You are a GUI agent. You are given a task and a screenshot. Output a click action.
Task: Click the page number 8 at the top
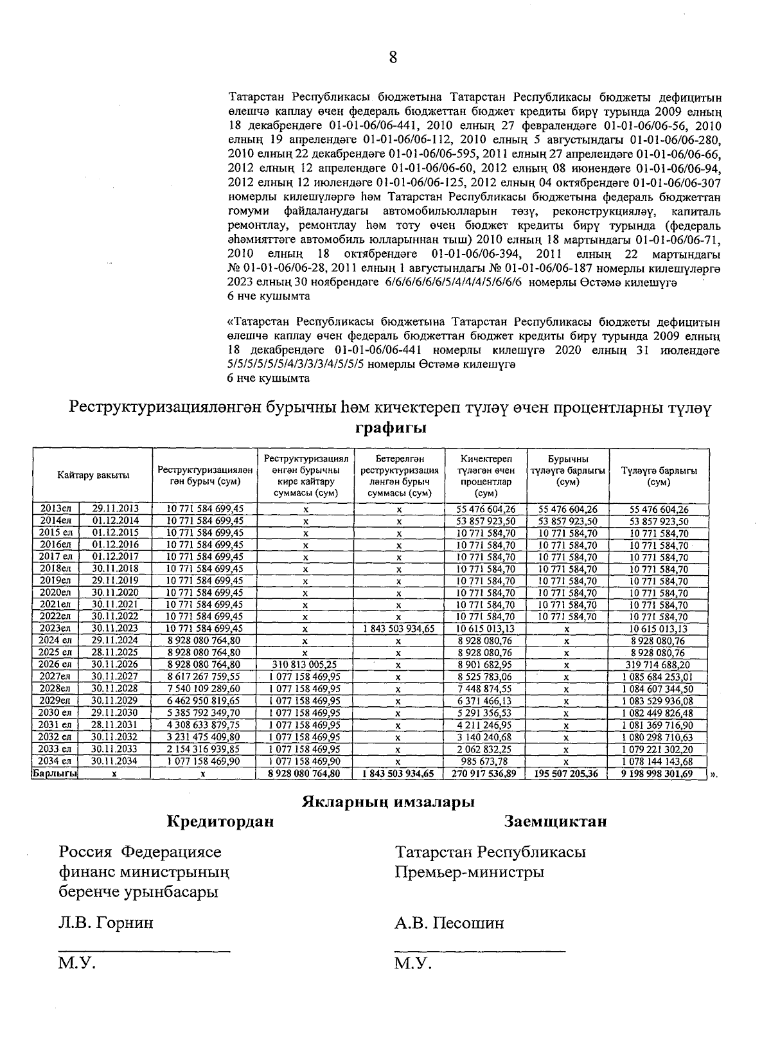pos(393,58)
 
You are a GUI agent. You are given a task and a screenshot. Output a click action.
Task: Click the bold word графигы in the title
pos(392,428)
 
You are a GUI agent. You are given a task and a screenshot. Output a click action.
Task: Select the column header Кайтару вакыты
pos(93,475)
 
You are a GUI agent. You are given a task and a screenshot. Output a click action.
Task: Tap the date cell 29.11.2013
pos(116,508)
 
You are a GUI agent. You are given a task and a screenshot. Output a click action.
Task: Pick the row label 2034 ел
pos(55,762)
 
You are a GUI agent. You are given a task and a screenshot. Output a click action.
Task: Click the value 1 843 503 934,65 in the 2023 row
pos(398,628)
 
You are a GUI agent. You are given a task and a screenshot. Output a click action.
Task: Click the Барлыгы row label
pos(55,774)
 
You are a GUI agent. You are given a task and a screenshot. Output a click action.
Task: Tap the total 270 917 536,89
pos(486,774)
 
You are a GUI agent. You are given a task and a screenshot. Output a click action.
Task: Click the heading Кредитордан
pos(220,821)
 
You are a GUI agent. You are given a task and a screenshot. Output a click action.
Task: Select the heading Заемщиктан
pos(555,821)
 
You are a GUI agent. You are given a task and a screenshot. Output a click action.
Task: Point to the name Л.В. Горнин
pos(106,923)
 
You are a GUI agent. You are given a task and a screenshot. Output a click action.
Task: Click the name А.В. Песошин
pos(450,923)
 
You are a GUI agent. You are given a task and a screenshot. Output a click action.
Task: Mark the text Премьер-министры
pos(470,872)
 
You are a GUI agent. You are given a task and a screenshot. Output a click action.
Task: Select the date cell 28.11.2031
pos(116,725)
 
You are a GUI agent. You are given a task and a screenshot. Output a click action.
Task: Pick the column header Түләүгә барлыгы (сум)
pos(659,476)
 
